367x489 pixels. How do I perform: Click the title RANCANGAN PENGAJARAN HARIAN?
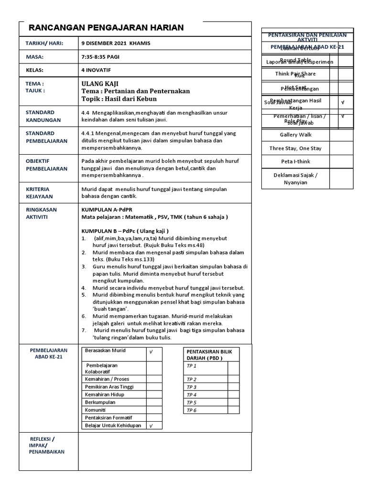[106, 28]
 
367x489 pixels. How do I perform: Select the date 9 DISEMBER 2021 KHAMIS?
[116, 43]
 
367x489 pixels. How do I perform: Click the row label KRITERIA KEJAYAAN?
[40, 193]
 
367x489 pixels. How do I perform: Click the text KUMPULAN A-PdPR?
[108, 209]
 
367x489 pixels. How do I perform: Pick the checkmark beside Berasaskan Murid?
[151, 352]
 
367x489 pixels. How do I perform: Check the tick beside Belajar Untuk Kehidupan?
[151, 426]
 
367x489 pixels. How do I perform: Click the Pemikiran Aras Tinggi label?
[109, 387]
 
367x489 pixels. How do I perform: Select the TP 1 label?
[192, 366]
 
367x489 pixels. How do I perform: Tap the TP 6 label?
[192, 410]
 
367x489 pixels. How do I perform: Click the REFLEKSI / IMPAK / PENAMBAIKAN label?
[47, 445]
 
